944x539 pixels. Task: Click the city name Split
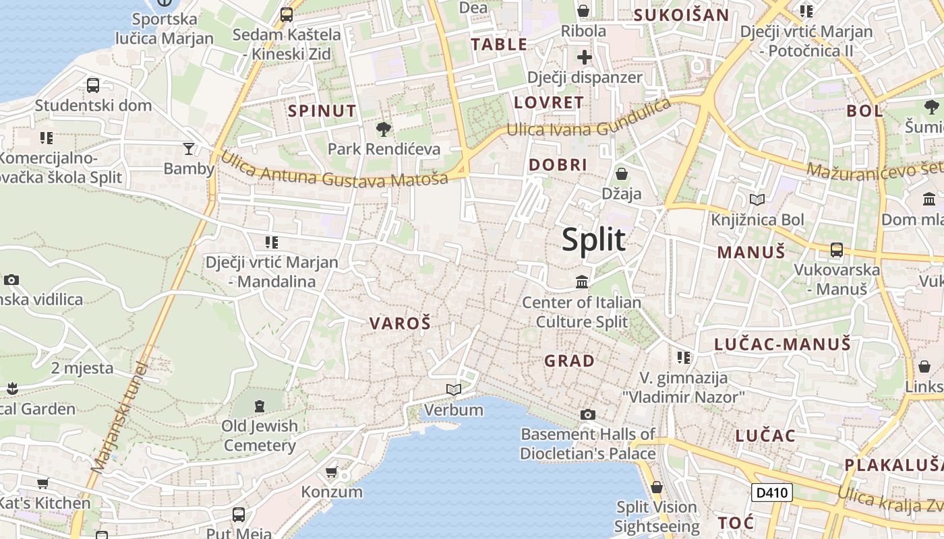click(593, 240)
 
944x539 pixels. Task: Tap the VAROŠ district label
click(400, 323)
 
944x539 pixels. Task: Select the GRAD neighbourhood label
click(570, 361)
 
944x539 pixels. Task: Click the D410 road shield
click(772, 493)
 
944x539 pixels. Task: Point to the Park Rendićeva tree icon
click(383, 129)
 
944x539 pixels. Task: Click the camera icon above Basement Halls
click(588, 414)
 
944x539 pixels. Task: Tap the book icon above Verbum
click(454, 389)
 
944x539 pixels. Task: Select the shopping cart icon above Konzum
click(331, 472)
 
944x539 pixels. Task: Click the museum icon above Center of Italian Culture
click(582, 282)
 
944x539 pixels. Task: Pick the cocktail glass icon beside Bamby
click(189, 148)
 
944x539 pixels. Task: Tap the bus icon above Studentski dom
click(93, 86)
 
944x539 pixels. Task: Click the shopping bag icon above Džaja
click(622, 174)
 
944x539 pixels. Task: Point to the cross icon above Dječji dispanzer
click(585, 57)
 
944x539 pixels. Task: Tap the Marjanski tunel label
click(119, 418)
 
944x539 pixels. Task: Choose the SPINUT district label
click(322, 111)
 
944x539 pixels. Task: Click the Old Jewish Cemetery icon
click(260, 406)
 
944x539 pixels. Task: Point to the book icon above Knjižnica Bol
click(757, 199)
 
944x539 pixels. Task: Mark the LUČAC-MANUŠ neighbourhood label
click(782, 345)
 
